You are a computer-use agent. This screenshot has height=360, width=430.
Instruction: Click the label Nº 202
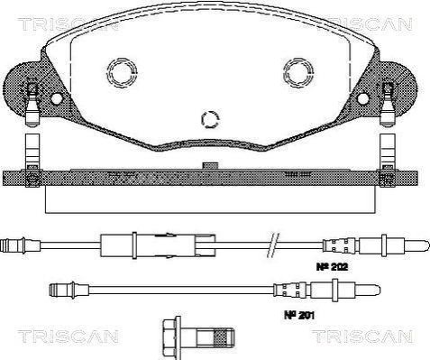(x=332, y=267)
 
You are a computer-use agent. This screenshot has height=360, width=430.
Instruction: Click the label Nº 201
(x=299, y=315)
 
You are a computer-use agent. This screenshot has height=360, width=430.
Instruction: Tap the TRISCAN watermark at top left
(x=68, y=24)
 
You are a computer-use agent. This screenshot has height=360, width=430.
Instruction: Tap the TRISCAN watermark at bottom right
(x=362, y=337)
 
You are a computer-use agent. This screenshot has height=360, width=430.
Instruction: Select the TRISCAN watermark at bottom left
(x=68, y=337)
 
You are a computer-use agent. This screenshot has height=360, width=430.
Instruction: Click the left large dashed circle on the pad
(x=122, y=73)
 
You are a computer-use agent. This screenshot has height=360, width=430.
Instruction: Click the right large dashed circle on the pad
(x=298, y=73)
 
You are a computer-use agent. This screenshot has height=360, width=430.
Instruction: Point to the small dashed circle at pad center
(x=210, y=119)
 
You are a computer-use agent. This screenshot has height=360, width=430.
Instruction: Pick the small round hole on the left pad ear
(x=56, y=98)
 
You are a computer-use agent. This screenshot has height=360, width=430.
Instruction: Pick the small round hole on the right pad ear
(x=363, y=98)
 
